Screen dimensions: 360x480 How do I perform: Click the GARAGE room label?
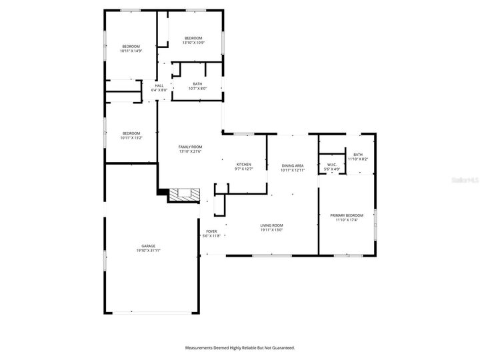tap(148, 245)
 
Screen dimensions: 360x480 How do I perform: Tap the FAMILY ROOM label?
tap(190, 147)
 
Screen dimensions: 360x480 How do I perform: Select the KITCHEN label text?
tap(244, 164)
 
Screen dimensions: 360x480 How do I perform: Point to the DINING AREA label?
tap(293, 165)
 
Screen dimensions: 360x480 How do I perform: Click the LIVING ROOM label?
tap(271, 225)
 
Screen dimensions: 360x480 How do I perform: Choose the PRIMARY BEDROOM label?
tap(347, 215)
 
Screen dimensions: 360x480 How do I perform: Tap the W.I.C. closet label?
tap(331, 165)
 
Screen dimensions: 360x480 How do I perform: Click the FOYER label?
tap(211, 231)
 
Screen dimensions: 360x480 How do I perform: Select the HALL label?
tap(159, 85)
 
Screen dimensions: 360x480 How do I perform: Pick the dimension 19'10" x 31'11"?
tap(148, 250)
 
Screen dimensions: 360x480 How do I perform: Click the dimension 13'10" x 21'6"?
tap(190, 151)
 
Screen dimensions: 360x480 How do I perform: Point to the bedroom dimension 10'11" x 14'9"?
tap(131, 51)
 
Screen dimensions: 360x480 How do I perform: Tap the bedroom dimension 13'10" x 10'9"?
tap(193, 43)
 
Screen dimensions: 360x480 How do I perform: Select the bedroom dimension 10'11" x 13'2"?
tap(131, 137)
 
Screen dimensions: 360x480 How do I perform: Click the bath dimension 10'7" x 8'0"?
tap(198, 88)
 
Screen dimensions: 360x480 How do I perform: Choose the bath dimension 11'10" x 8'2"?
tap(358, 159)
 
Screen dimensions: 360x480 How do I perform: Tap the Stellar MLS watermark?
tap(465, 180)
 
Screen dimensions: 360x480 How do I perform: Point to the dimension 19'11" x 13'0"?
tap(271, 230)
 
